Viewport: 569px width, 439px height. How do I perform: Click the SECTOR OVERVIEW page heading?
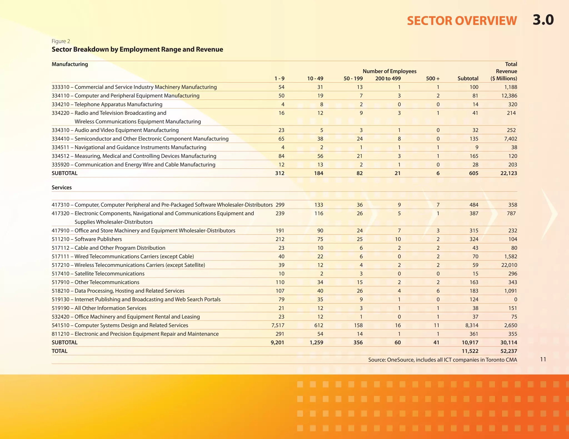tap(462, 21)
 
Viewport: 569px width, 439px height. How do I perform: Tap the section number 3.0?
tap(543, 20)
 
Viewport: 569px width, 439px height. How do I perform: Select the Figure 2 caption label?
tap(61, 41)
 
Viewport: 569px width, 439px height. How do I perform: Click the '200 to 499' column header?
tap(388, 79)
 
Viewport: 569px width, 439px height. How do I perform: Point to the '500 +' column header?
tap(433, 79)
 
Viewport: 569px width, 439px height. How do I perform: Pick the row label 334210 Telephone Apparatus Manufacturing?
tap(107, 104)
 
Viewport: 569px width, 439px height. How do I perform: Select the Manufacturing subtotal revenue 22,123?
tap(508, 173)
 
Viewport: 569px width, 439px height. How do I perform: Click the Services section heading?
tap(62, 188)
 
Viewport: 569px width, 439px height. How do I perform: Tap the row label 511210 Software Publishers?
tap(87, 239)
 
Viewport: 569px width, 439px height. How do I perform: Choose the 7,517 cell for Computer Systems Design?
tap(278, 325)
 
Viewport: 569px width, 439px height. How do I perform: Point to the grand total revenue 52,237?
tap(508, 351)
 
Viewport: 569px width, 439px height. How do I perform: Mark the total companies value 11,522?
tap(470, 351)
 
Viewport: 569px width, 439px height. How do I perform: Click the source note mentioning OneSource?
tap(443, 360)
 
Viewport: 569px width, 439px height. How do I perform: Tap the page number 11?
tap(543, 359)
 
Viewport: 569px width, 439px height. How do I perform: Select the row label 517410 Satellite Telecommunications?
tap(98, 274)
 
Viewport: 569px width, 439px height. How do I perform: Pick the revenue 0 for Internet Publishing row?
tap(515, 299)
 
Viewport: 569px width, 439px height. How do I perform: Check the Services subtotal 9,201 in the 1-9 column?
tap(277, 342)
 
